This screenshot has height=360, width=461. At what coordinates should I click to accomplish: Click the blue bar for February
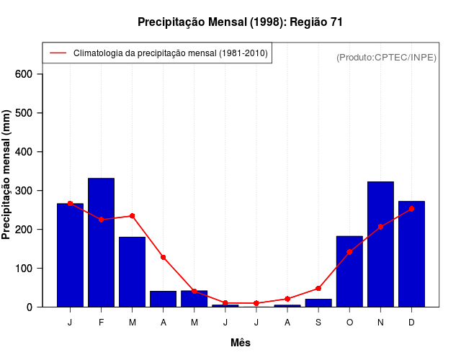[x=101, y=242]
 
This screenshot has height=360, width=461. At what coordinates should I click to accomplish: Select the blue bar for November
[x=380, y=244]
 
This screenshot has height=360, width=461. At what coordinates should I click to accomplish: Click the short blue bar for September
[x=318, y=302]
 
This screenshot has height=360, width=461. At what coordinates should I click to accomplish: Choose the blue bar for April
[x=163, y=299]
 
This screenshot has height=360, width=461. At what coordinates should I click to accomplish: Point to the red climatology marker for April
[x=164, y=257]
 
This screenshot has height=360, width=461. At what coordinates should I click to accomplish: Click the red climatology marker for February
[x=101, y=219]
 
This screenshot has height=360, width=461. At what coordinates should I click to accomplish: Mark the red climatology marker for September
[x=318, y=288]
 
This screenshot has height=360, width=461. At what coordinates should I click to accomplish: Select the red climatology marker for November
[x=380, y=226]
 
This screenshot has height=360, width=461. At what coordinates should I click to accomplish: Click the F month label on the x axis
[x=101, y=323]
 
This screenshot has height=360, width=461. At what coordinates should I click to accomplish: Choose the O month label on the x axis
[x=349, y=323]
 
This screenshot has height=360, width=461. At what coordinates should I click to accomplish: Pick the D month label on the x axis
[x=411, y=323]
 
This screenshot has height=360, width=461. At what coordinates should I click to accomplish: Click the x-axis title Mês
[x=241, y=343]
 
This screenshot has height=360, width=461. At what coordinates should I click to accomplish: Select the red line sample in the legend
[x=58, y=53]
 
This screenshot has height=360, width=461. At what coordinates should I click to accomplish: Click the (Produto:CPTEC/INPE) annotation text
[x=386, y=57]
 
